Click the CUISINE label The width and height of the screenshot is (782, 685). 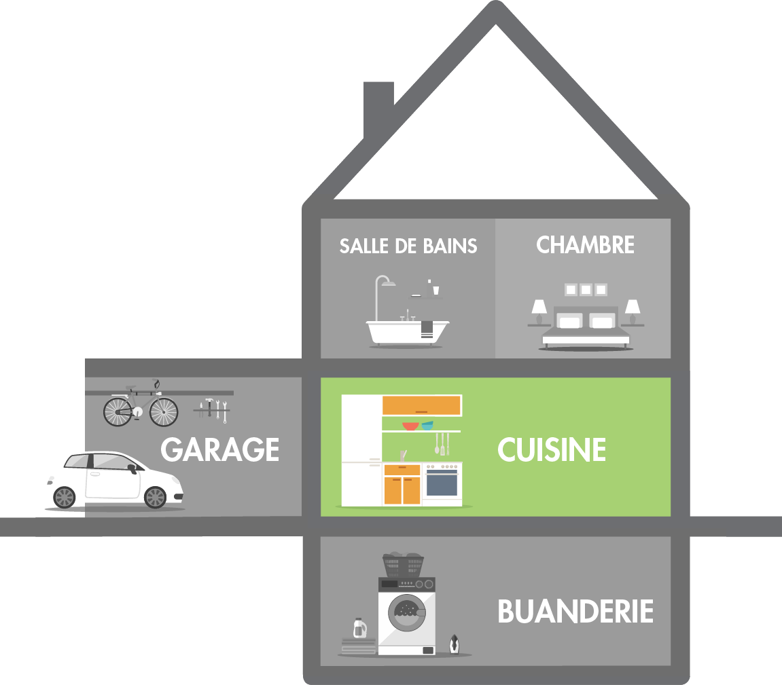point(552,450)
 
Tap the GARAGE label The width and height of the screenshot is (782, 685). point(220,450)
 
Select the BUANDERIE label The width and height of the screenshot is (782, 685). point(575,612)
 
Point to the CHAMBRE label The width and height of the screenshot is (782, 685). point(585,245)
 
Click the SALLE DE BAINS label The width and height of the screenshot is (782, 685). point(408,246)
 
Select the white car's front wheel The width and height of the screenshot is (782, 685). point(156,498)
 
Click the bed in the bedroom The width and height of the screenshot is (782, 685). point(585,326)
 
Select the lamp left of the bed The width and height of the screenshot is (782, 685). point(539,311)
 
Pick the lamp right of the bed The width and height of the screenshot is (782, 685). point(632,311)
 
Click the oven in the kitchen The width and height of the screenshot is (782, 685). point(442,484)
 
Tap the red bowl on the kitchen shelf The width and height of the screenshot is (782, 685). point(410,426)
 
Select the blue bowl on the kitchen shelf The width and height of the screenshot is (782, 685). point(427,426)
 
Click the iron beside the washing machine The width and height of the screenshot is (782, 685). point(454,644)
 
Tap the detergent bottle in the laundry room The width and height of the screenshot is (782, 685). point(358,629)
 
